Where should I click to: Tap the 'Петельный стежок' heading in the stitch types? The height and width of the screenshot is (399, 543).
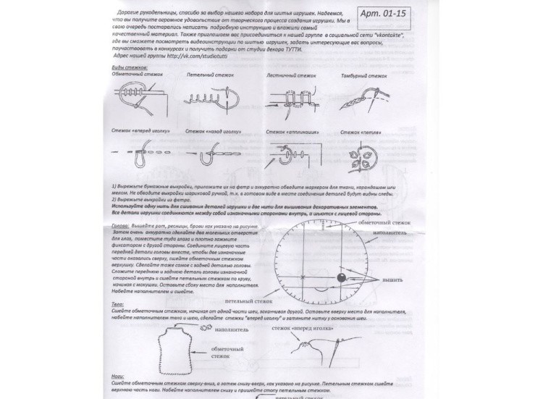click(x=205, y=75)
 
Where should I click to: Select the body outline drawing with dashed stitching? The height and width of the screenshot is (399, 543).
click(x=174, y=348)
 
